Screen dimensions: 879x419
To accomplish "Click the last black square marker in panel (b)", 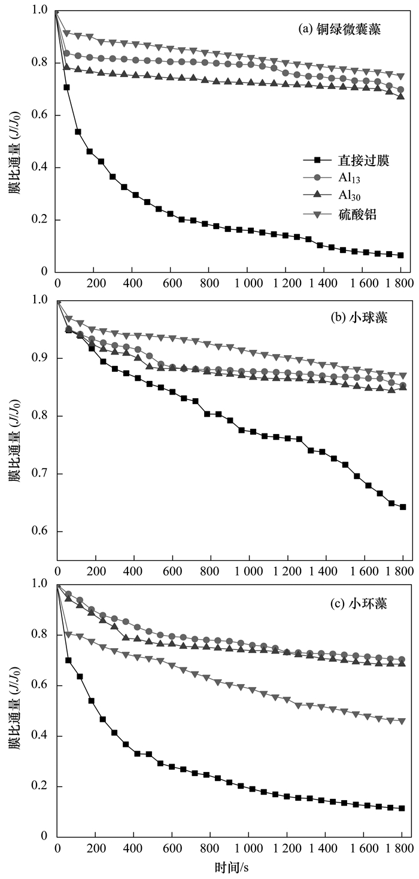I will point(403,507).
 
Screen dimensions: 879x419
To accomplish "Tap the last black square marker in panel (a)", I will point(400,255).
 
